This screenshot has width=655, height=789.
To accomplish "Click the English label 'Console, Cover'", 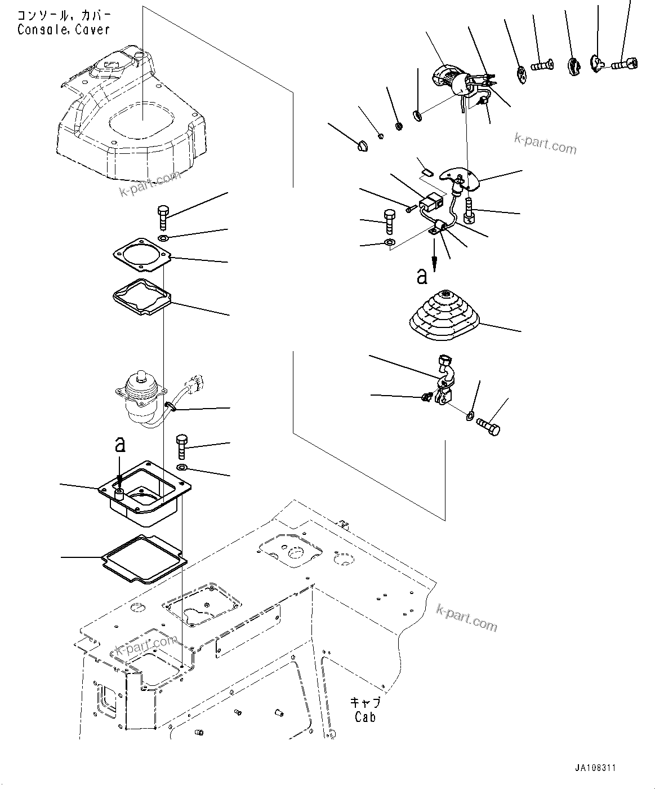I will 63,30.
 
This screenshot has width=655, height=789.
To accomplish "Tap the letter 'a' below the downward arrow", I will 422,276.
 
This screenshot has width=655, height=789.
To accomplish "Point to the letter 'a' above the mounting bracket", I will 119,445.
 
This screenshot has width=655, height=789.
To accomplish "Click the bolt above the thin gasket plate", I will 163,216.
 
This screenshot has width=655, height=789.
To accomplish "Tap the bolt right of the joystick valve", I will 182,447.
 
